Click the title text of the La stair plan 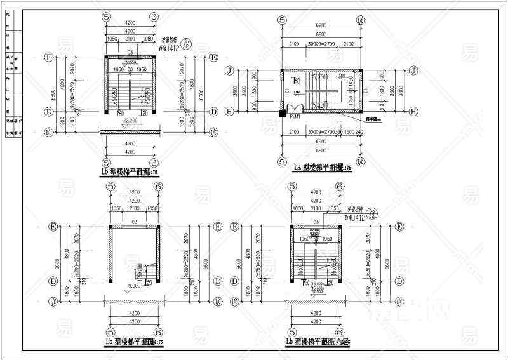point(326,168)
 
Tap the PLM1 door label point(296,117)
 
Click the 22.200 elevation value point(130,119)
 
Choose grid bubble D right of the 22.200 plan point(213,112)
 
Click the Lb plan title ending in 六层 point(323,343)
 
